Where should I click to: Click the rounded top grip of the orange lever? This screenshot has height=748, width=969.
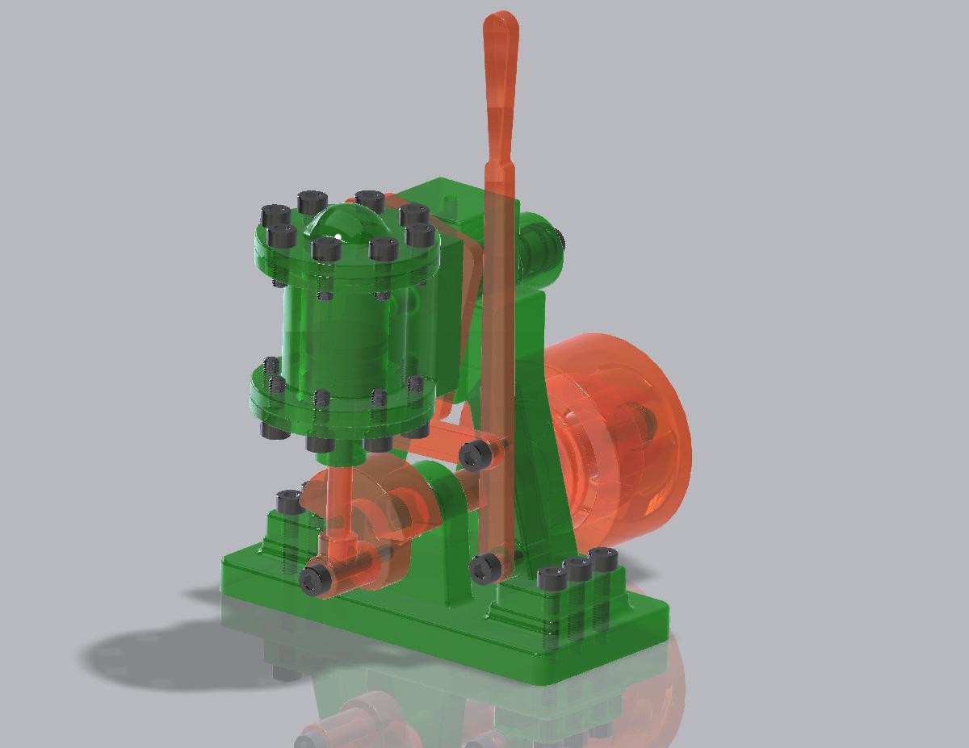(501, 32)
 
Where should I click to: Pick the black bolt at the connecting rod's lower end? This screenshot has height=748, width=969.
(314, 578)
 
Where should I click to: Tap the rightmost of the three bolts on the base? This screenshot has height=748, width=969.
(603, 560)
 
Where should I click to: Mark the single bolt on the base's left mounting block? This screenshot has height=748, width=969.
(289, 502)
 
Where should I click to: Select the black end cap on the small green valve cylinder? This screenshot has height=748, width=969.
(560, 240)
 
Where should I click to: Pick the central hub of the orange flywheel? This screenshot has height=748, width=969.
(638, 420)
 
